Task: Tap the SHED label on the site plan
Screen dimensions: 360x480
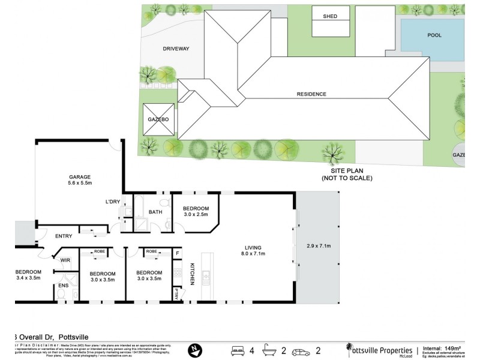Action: (331, 17)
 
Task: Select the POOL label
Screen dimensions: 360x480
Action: (434, 35)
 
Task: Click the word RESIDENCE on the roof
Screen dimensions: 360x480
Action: (311, 94)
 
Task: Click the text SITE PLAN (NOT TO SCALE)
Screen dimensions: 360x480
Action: (347, 175)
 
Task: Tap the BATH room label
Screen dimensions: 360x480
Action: (155, 212)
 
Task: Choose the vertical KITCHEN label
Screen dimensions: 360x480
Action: (193, 273)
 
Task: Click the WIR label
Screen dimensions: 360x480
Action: (65, 260)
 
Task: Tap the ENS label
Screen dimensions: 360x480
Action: (63, 286)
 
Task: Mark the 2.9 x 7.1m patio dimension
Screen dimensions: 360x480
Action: (318, 246)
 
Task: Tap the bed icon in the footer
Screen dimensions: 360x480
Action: (238, 349)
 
